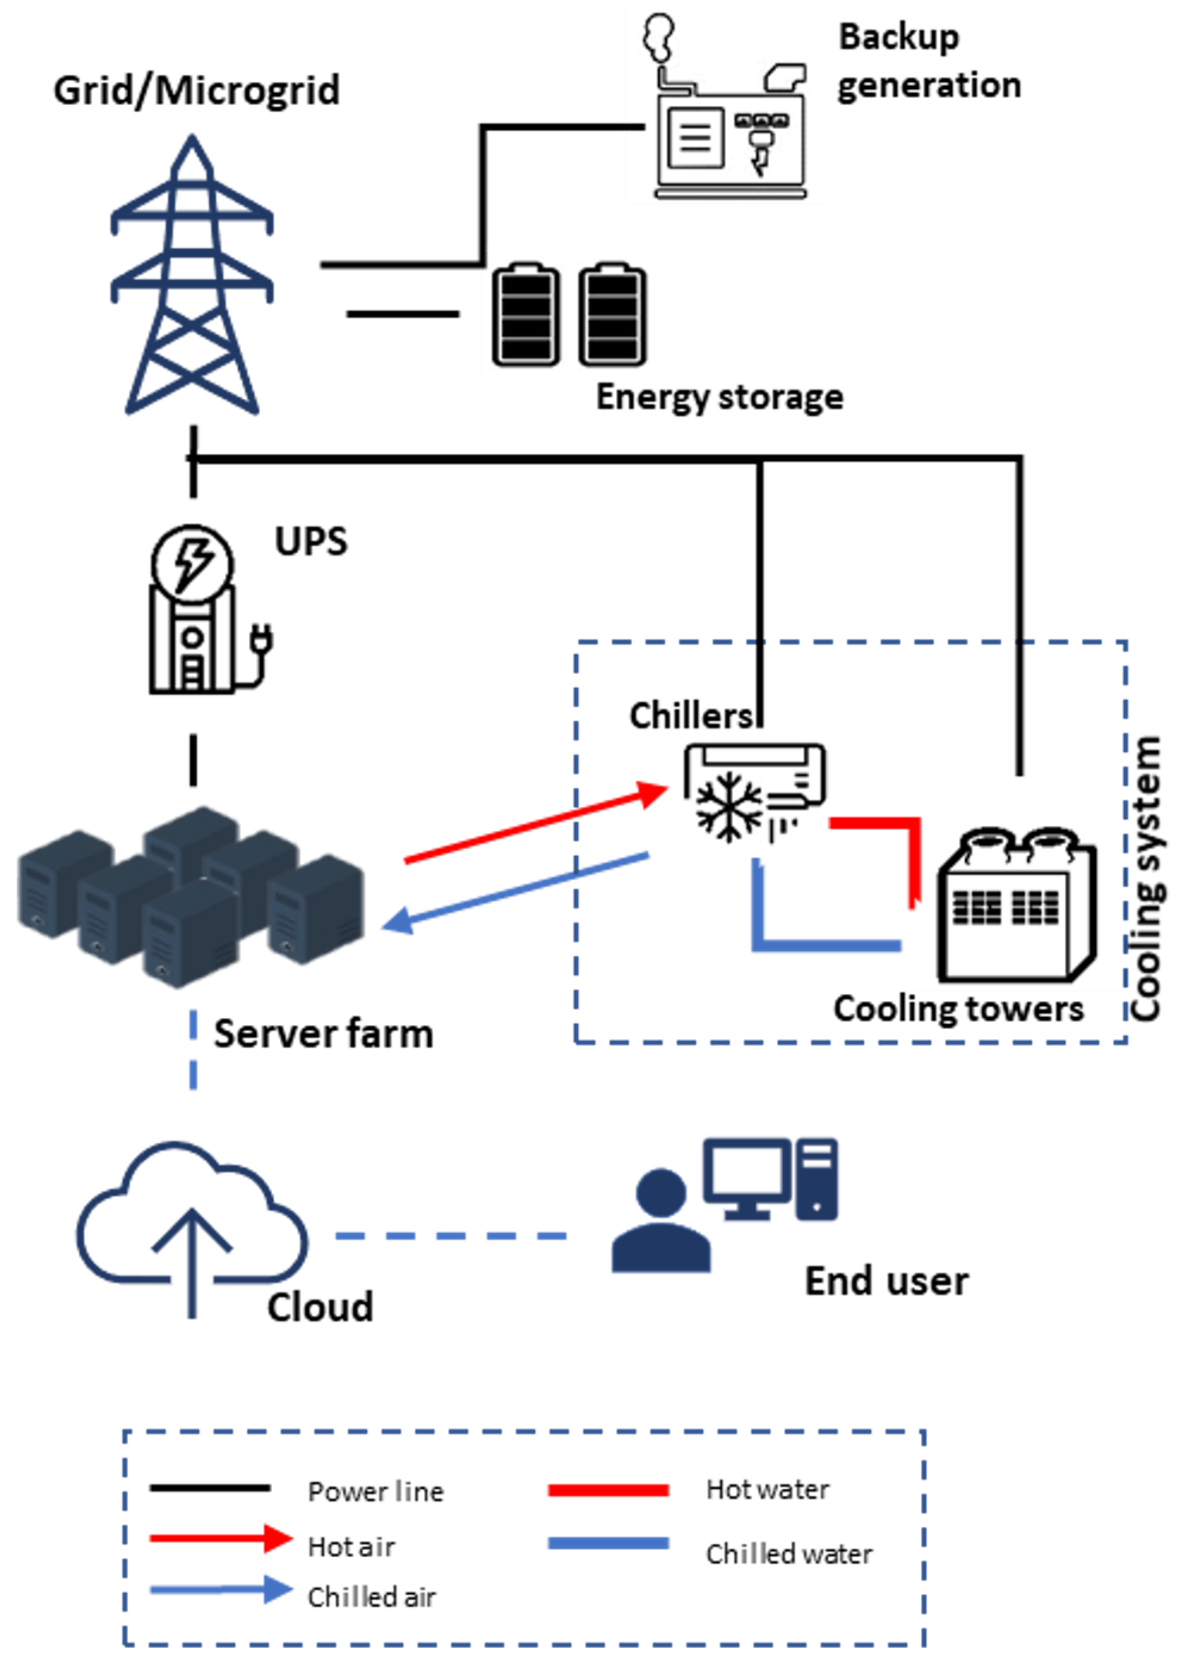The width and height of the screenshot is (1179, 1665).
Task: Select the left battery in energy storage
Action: tap(526, 314)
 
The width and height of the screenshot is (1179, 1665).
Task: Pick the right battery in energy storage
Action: tap(612, 314)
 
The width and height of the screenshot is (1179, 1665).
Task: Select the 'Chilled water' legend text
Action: tap(789, 1554)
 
